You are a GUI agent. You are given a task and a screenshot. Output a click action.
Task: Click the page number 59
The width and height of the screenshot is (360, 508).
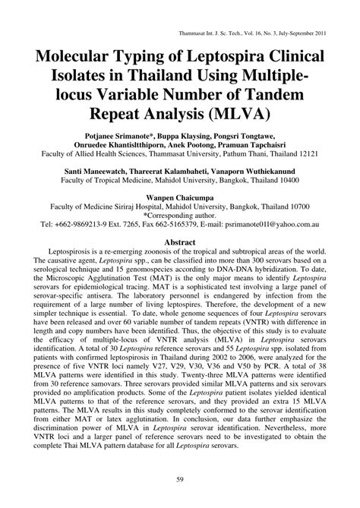tap(180, 479)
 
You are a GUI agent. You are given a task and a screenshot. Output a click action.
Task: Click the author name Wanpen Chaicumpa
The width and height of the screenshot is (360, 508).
tap(180, 195)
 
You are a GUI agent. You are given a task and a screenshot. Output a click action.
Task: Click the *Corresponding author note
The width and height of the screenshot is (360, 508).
tap(180, 215)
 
